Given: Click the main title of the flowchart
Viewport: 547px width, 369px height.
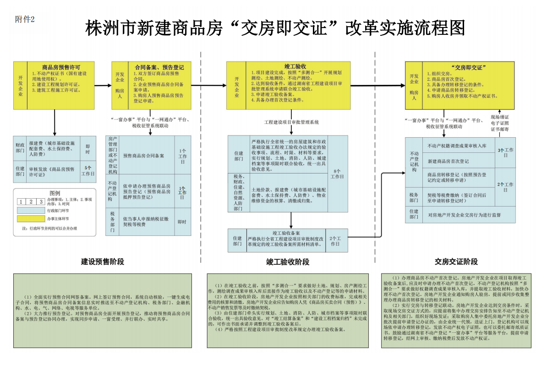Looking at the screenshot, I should click(275, 28).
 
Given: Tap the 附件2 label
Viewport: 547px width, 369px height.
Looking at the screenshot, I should click(25, 19).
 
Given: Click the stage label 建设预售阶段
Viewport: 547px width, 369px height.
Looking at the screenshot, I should click(103, 262).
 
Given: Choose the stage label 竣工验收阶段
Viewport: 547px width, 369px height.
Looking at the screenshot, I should click(288, 262).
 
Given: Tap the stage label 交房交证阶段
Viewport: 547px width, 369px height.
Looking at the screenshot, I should click(456, 262).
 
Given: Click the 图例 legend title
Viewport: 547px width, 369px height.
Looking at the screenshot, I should click(55, 193).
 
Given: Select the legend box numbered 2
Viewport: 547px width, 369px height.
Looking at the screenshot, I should click(31, 201).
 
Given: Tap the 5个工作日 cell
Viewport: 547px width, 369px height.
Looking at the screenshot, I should click(88, 171).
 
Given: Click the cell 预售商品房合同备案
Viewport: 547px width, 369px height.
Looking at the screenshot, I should click(143, 156).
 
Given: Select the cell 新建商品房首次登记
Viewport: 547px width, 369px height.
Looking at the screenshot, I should click(448, 161).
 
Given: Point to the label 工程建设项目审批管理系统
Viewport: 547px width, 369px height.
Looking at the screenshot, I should click(291, 123).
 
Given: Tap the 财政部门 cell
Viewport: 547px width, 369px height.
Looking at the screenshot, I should click(20, 148).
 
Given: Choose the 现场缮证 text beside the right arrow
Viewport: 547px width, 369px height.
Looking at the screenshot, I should click(500, 117).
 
